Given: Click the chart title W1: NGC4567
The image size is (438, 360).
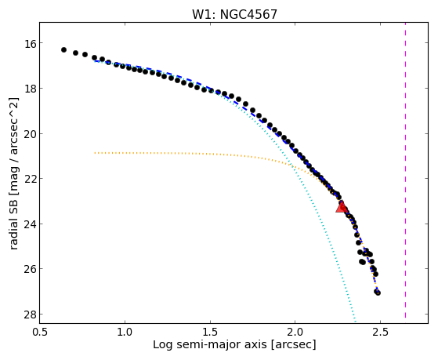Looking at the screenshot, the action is point(234,15).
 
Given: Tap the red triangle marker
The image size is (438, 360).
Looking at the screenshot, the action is point(342,207).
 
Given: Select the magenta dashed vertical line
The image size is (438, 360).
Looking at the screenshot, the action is point(405,170).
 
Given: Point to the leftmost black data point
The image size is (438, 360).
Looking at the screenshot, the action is point(63,49).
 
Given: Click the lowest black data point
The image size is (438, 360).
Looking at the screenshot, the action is point(378,293).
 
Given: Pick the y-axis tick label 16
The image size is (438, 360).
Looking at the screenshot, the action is point(28,43).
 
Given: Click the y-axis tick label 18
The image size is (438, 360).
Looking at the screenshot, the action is point(28,89).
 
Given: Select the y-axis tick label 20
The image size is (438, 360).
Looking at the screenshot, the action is point(28,133).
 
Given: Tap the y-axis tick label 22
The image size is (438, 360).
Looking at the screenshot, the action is point(28,179).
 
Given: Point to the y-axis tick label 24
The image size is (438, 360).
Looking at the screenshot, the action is point(28,224).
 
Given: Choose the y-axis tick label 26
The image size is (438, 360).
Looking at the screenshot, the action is point(28,269).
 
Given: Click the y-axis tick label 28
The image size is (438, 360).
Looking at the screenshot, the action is point(28,315).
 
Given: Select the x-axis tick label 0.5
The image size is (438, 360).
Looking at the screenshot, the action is point(40,332).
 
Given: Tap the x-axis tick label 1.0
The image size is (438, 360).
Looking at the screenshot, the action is point(125,332).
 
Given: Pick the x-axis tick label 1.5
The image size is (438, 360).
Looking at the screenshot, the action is point(210,332).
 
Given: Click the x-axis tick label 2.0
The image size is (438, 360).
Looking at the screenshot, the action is point(295,332).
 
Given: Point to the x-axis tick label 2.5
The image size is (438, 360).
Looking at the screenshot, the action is point(381,332).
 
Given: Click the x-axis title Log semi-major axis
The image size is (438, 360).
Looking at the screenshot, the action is point(210,345).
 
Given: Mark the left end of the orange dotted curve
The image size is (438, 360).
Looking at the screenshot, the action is point(95,153).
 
